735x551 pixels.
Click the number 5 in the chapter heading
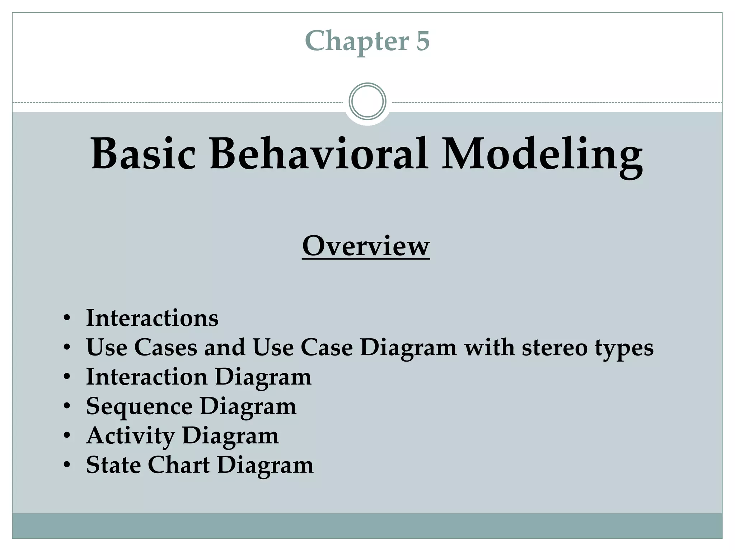[x=423, y=41]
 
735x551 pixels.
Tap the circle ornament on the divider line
[x=367, y=101]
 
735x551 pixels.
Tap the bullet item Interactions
[x=152, y=318]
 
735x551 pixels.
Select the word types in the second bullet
[x=624, y=348]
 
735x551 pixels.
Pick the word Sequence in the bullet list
[x=139, y=407]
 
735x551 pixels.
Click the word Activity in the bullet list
[x=131, y=436]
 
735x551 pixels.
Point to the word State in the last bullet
[x=113, y=465]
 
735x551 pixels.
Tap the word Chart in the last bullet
[x=179, y=465]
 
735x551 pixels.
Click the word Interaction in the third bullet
[x=147, y=377]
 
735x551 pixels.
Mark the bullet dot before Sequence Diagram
[x=66, y=406]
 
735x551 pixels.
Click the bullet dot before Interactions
[x=66, y=318]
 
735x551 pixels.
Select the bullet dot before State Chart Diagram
[x=66, y=465]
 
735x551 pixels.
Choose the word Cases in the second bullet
[x=166, y=347]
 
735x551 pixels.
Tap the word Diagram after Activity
[x=230, y=436]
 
